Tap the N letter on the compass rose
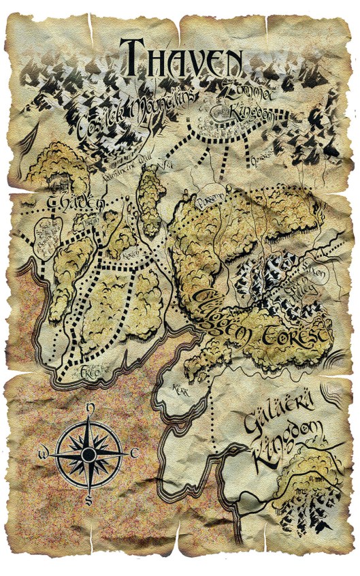89,409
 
